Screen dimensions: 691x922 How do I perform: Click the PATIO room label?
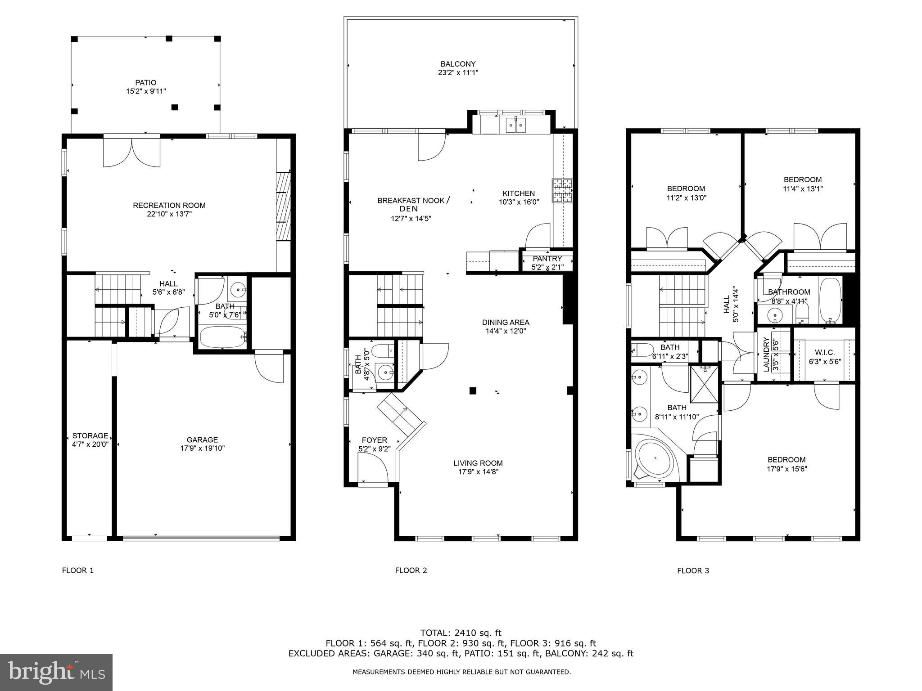pyautogui.click(x=146, y=83)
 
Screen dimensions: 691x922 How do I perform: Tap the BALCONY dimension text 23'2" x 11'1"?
pyautogui.click(x=458, y=73)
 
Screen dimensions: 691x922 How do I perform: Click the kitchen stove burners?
pyautogui.click(x=563, y=190)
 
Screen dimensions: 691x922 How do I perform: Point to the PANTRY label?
pyautogui.click(x=547, y=259)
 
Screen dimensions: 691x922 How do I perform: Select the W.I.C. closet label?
pyautogui.click(x=825, y=353)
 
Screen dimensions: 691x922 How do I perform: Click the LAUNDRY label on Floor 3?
pyautogui.click(x=766, y=354)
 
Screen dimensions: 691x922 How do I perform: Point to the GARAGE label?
pyautogui.click(x=203, y=440)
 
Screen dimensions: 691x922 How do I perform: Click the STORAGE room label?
pyautogui.click(x=90, y=435)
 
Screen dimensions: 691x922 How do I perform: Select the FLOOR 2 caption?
pyautogui.click(x=411, y=570)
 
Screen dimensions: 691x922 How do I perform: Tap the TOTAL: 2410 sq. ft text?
pyautogui.click(x=461, y=633)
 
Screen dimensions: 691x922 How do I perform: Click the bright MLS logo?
pyautogui.click(x=56, y=672)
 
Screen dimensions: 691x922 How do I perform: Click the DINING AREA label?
pyautogui.click(x=506, y=323)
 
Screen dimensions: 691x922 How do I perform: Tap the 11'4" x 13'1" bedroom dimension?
pyautogui.click(x=803, y=189)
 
